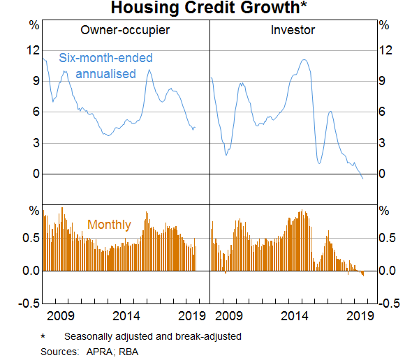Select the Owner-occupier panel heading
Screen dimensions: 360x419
coord(125,31)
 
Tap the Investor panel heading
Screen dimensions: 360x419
coord(293,31)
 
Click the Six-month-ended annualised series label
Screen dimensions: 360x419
coord(105,66)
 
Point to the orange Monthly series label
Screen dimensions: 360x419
coord(109,225)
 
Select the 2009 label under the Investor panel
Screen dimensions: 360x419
coord(228,315)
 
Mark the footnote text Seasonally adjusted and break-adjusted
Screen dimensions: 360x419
coord(152,336)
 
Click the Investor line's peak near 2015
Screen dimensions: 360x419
coord(304,60)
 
